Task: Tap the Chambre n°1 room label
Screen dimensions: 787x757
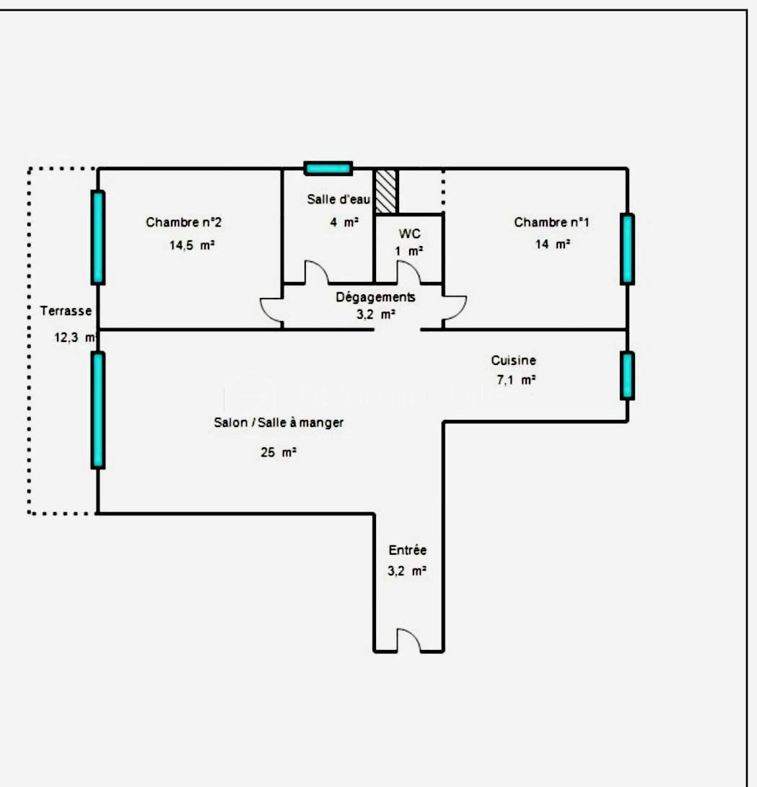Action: [x=551, y=222]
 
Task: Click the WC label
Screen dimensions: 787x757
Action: [x=409, y=234]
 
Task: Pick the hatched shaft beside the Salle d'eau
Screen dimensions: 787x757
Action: [x=385, y=191]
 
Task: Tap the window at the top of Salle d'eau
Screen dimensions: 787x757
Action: [x=328, y=168]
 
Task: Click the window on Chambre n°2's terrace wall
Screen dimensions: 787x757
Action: [x=97, y=237]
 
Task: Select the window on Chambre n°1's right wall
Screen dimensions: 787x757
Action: [x=627, y=249]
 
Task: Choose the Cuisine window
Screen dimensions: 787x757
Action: [x=627, y=375]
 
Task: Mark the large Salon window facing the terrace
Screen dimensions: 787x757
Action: [x=97, y=410]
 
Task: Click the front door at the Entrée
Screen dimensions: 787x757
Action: [x=408, y=640]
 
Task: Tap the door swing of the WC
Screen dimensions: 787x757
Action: [x=408, y=272]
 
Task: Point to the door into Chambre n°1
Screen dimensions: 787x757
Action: [x=454, y=308]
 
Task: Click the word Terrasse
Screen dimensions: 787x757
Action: [x=66, y=312]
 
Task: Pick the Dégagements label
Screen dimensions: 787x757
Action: [x=375, y=296]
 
